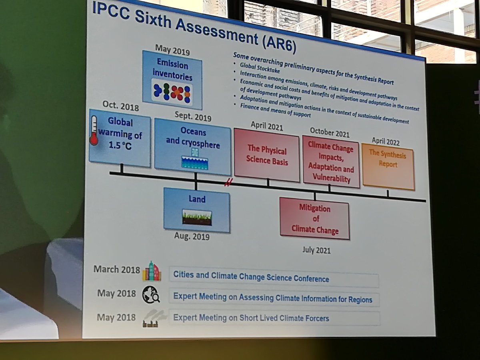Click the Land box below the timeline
tap(196, 209)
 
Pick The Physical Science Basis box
tap(266, 155)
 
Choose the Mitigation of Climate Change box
tap(314, 219)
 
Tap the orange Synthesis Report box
tap(388, 166)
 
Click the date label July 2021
tap(316, 250)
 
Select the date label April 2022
tap(386, 141)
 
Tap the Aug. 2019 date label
tap(192, 236)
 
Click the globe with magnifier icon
tap(151, 296)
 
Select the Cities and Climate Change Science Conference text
tap(251, 278)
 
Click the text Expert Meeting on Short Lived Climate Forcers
tap(251, 318)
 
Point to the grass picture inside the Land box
tap(197, 217)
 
